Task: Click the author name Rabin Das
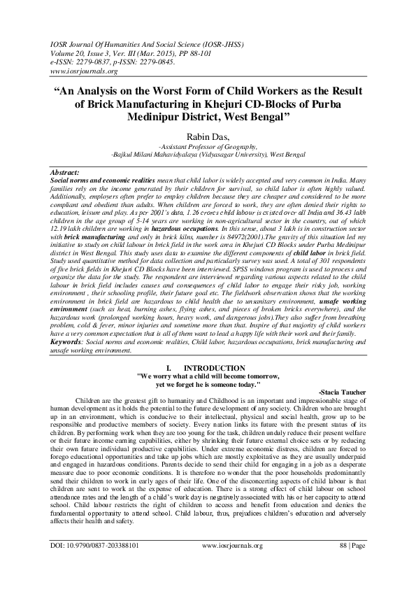(x=208, y=135)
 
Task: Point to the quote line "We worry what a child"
(x=208, y=376)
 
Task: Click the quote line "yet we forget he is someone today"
(x=208, y=384)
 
